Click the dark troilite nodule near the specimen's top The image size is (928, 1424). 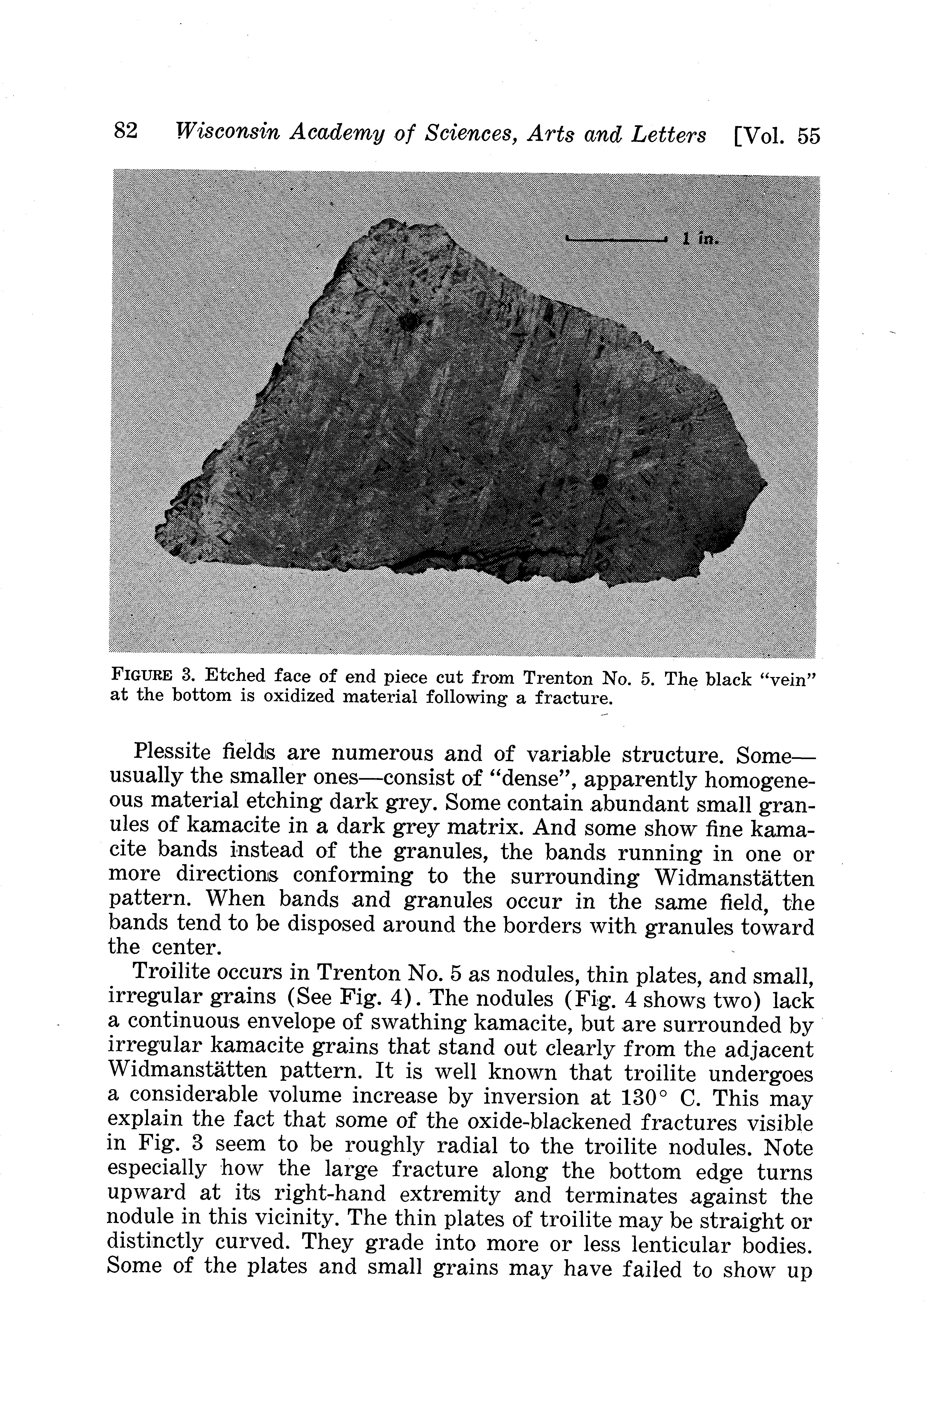(410, 322)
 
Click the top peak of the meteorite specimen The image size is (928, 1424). (392, 223)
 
